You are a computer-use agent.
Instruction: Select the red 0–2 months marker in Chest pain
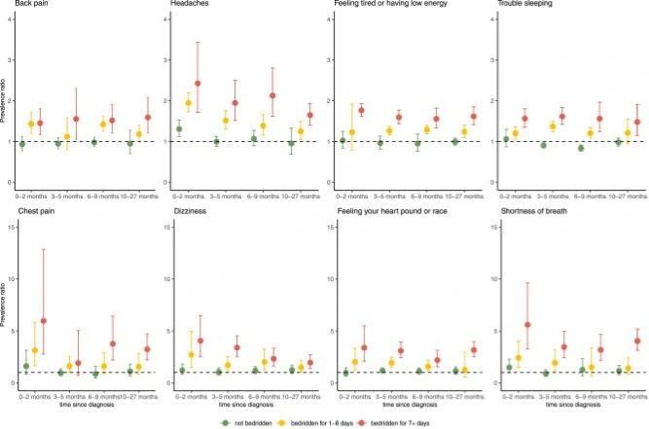tap(44, 321)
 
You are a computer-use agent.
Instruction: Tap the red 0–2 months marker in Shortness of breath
tap(527, 325)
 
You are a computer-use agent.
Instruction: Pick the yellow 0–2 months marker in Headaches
tap(189, 102)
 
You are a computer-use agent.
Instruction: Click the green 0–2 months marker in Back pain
tap(22, 144)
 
